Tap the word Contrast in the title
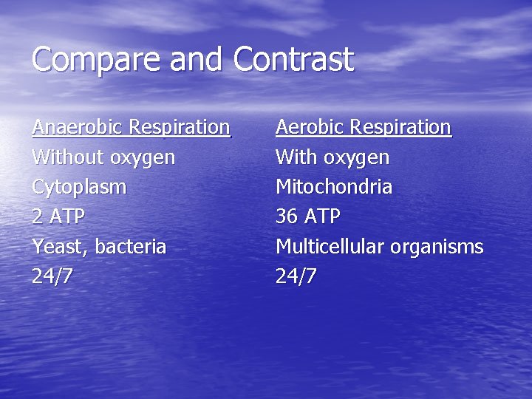293,59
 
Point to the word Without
68,157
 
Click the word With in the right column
294,157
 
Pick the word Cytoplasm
79,188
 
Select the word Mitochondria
334,187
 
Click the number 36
286,217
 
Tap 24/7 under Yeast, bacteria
52,277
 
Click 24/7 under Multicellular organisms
296,277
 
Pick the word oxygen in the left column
143,158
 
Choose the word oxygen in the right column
358,158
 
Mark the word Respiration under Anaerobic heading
180,128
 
